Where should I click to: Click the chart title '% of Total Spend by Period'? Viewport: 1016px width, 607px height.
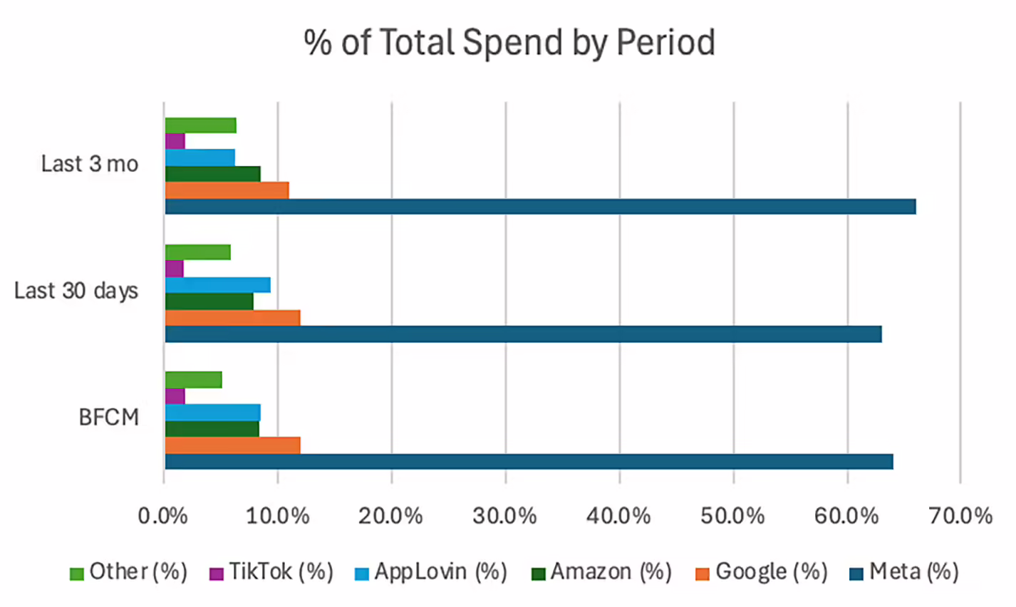click(509, 43)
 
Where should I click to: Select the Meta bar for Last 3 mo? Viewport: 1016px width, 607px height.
click(540, 207)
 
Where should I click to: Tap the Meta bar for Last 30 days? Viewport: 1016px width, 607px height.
click(523, 334)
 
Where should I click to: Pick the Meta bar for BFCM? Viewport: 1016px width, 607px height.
click(529, 462)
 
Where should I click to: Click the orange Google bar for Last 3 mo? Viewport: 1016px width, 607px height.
click(227, 190)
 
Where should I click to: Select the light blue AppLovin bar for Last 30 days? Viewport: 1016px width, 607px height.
click(217, 285)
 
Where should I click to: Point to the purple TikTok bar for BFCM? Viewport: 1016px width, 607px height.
click(175, 396)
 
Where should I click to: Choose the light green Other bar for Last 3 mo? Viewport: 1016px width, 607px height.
click(200, 125)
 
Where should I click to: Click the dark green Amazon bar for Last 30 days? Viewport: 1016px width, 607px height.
click(209, 301)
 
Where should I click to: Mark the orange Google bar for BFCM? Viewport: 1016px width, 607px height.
click(232, 445)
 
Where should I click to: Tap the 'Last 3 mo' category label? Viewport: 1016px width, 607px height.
click(89, 164)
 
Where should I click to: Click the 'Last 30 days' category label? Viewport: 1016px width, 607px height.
click(76, 291)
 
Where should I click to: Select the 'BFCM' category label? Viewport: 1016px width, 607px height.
click(108, 417)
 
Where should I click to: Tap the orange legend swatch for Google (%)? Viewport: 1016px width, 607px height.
click(703, 574)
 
